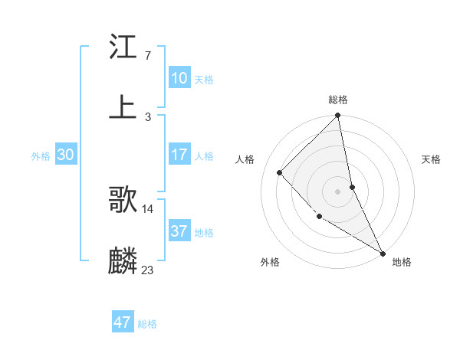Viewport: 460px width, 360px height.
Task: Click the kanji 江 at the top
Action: click(123, 47)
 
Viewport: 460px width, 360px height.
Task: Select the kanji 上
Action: click(123, 107)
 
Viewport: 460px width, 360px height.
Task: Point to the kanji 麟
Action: click(123, 261)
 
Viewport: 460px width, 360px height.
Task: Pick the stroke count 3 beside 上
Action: click(147, 116)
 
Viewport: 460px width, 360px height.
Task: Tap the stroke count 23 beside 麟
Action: click(148, 270)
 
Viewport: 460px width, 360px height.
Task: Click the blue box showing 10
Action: click(179, 78)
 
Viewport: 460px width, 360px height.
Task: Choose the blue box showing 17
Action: click(179, 155)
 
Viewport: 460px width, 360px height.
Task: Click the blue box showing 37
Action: click(179, 231)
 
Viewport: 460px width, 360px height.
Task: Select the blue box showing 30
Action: click(66, 155)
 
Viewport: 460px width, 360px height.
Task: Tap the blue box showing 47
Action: click(123, 322)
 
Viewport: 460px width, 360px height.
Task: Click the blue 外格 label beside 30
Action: click(41, 156)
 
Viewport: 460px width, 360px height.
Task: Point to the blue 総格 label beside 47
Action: click(147, 324)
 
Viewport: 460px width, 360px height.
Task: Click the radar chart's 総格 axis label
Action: click(338, 100)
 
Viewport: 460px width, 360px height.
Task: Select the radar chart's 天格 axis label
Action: click(432, 159)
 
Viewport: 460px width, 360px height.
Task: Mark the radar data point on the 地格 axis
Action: click(383, 253)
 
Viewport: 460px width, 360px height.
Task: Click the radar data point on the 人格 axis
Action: click(280, 172)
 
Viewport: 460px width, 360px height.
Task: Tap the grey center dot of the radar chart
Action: click(338, 191)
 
